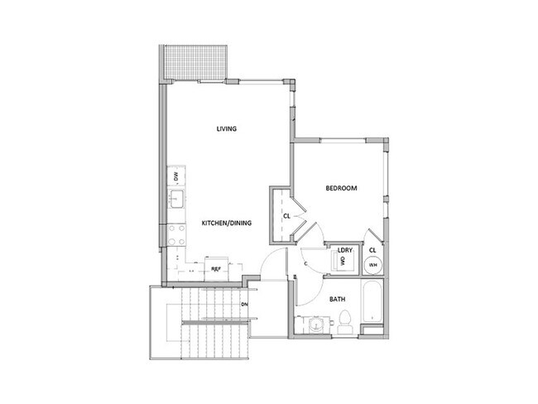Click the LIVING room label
tap(228, 128)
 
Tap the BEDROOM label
tap(341, 189)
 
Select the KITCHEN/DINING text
tap(227, 223)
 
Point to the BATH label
tap(339, 299)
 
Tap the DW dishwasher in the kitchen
tap(176, 176)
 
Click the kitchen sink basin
tap(176, 200)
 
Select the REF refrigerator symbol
tap(216, 269)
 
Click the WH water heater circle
tap(373, 265)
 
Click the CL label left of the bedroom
tap(286, 217)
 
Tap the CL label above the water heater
tap(373, 249)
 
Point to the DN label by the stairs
tap(245, 304)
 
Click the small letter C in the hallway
tap(305, 264)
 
